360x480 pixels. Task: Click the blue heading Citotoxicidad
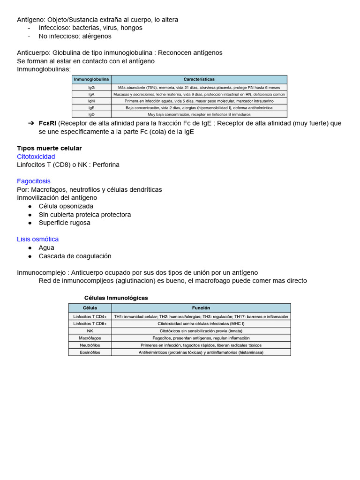[x=36, y=157]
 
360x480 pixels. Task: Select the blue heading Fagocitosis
[x=34, y=181]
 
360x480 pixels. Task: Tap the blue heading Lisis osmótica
[x=38, y=239]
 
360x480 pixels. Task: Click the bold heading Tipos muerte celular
[x=49, y=148]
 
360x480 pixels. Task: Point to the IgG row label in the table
[x=91, y=88]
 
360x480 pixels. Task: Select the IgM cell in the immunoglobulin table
[x=91, y=101]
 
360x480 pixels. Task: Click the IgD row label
[x=91, y=114]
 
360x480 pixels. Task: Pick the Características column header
[x=199, y=80]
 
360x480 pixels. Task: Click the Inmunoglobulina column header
[x=91, y=80]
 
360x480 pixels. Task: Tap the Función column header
[x=201, y=308]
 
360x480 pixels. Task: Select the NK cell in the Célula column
[x=90, y=330]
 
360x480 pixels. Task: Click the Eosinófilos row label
[x=90, y=352]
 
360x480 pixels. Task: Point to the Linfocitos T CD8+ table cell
[x=90, y=323]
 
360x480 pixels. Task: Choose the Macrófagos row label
[x=90, y=338]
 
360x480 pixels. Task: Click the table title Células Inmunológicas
[x=116, y=298]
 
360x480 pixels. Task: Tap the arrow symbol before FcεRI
[x=31, y=123]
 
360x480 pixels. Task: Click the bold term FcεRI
[x=47, y=123]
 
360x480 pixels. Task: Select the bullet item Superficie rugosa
[x=64, y=223]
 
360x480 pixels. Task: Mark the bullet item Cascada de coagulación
[x=75, y=256]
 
